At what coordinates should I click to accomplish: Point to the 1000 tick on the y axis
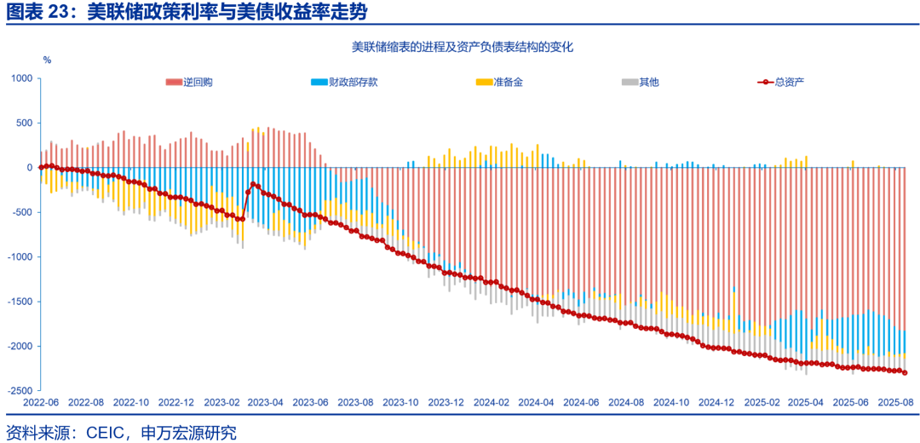point(21,78)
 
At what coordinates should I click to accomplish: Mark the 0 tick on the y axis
point(28,168)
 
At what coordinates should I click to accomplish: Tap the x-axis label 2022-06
point(40,401)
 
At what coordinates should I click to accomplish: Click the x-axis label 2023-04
point(265,401)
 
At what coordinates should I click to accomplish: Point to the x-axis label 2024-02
point(491,401)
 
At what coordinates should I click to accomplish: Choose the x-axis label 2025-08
point(895,401)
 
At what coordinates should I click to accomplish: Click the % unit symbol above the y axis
point(47,60)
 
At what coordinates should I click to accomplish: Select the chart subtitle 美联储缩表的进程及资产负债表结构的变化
point(462,48)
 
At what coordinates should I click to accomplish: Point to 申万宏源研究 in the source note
point(186,432)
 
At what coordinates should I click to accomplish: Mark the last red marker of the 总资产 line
point(905,372)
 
